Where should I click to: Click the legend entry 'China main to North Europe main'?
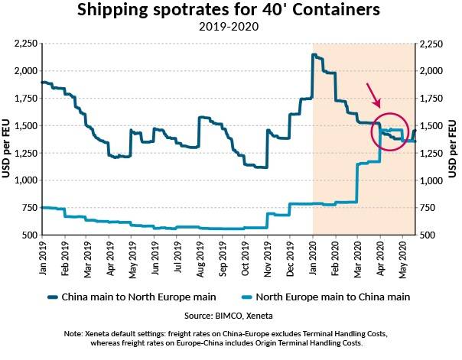coord(150,296)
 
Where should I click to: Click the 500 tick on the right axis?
coord(429,235)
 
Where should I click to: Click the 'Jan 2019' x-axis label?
coord(43,255)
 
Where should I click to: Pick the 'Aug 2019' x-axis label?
coord(200,255)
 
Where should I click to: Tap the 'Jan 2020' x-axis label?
coord(313,255)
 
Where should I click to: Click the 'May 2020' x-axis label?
coord(402,255)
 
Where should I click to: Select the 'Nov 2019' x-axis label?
coord(268,255)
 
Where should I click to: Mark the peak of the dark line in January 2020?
coord(314,54)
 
